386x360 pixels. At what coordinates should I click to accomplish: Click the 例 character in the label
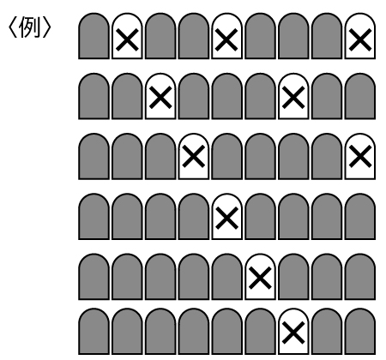click(29, 27)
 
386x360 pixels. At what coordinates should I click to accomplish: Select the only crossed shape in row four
click(226, 217)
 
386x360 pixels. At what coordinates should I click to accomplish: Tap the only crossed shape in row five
click(260, 277)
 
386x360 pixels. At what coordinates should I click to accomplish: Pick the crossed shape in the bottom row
click(293, 332)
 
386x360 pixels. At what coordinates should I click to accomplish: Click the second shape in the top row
click(127, 36)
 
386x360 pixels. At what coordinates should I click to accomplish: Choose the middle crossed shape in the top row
click(226, 36)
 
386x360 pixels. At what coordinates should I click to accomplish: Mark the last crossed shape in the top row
click(360, 36)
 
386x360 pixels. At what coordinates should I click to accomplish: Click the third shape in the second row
click(160, 96)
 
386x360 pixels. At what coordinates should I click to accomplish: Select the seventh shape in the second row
click(293, 96)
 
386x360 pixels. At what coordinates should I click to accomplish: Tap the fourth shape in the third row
click(194, 157)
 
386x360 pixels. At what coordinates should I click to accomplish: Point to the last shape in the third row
click(360, 157)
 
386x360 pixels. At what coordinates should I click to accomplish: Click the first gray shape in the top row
click(93, 36)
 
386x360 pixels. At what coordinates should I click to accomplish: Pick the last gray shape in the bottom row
click(360, 332)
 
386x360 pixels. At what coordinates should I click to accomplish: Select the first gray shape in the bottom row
click(93, 332)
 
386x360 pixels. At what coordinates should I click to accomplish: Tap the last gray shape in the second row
click(360, 96)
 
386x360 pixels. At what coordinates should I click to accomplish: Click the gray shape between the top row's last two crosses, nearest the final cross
click(327, 36)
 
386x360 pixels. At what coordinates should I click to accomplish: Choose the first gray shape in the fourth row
click(93, 217)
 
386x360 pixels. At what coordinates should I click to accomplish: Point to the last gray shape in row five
click(360, 277)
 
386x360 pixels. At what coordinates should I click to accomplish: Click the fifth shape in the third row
click(226, 157)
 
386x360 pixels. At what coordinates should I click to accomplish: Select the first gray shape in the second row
click(93, 96)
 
